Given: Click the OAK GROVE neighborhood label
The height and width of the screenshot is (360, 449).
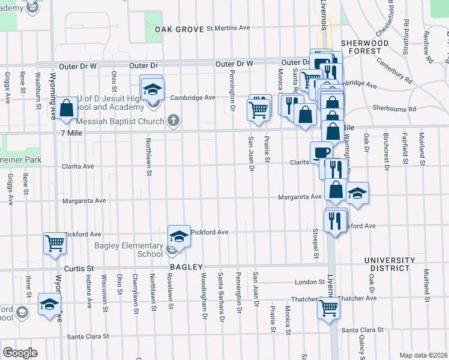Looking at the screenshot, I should pyautogui.click(x=179, y=29).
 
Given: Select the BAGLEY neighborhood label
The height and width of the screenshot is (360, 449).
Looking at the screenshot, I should pyautogui.click(x=187, y=266).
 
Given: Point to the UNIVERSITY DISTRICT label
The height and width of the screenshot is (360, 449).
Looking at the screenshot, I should pyautogui.click(x=390, y=264).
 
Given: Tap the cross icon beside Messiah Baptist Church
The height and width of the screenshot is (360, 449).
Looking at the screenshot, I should pyautogui.click(x=173, y=121).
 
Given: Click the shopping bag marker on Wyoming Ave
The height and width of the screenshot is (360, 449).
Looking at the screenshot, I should pyautogui.click(x=68, y=108).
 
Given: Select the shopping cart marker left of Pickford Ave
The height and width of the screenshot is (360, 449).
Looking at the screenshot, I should pyautogui.click(x=55, y=243).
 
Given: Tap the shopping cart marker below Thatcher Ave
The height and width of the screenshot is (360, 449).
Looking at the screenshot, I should pyautogui.click(x=328, y=308).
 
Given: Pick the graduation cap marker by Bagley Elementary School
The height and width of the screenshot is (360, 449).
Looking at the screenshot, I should pyautogui.click(x=178, y=235).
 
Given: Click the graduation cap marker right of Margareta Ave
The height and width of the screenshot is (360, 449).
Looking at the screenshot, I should pyautogui.click(x=357, y=193).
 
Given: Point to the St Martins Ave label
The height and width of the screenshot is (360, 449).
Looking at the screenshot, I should pyautogui.click(x=228, y=28).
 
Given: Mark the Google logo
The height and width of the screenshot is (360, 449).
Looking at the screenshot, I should pyautogui.click(x=20, y=353).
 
